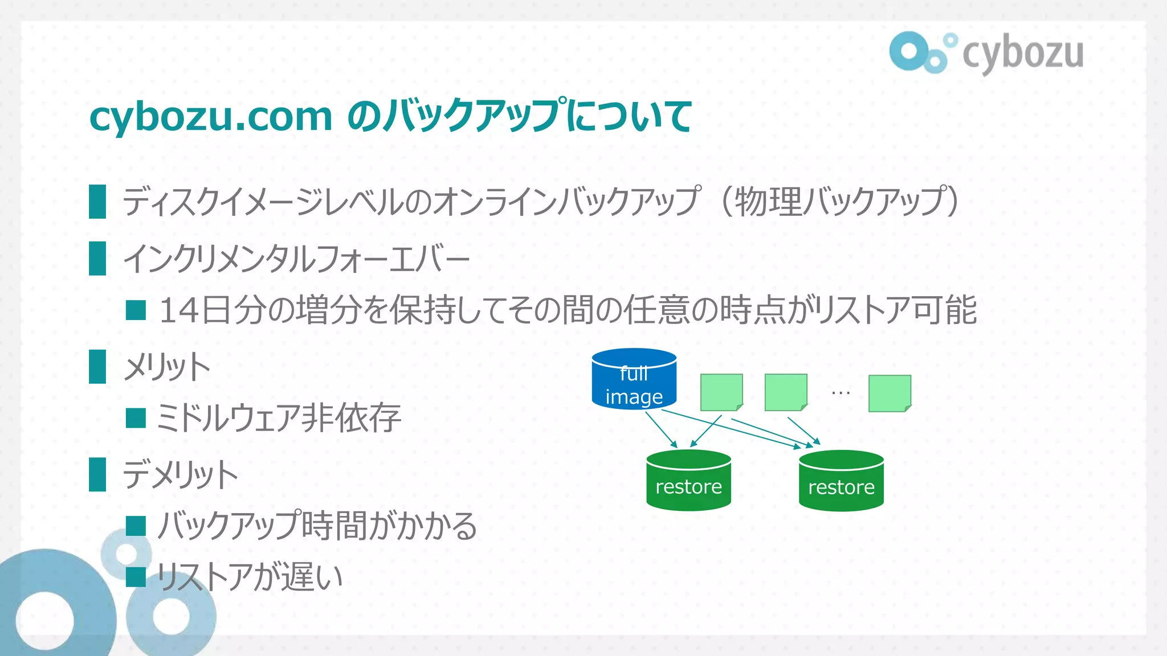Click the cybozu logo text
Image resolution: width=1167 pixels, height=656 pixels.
point(1023,54)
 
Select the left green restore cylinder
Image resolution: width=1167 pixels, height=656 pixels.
point(688,481)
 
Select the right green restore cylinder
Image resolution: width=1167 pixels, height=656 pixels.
point(841,481)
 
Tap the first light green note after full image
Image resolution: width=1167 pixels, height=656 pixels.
point(721,392)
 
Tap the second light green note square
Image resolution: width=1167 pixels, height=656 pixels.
point(786,392)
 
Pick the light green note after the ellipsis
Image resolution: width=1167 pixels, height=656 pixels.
point(889,393)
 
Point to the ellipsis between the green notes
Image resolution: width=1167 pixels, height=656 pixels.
point(840,392)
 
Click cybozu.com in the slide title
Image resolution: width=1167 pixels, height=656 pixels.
point(211,117)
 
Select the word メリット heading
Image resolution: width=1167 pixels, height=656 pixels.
point(167,367)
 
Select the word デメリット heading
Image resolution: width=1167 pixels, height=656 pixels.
point(180,475)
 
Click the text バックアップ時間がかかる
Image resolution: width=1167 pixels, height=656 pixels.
point(317,526)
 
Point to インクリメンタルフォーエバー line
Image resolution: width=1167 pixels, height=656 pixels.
point(296,259)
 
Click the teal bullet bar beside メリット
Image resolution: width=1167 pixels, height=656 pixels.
point(97,367)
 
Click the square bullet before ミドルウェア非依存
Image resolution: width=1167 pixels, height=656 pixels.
point(136,418)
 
